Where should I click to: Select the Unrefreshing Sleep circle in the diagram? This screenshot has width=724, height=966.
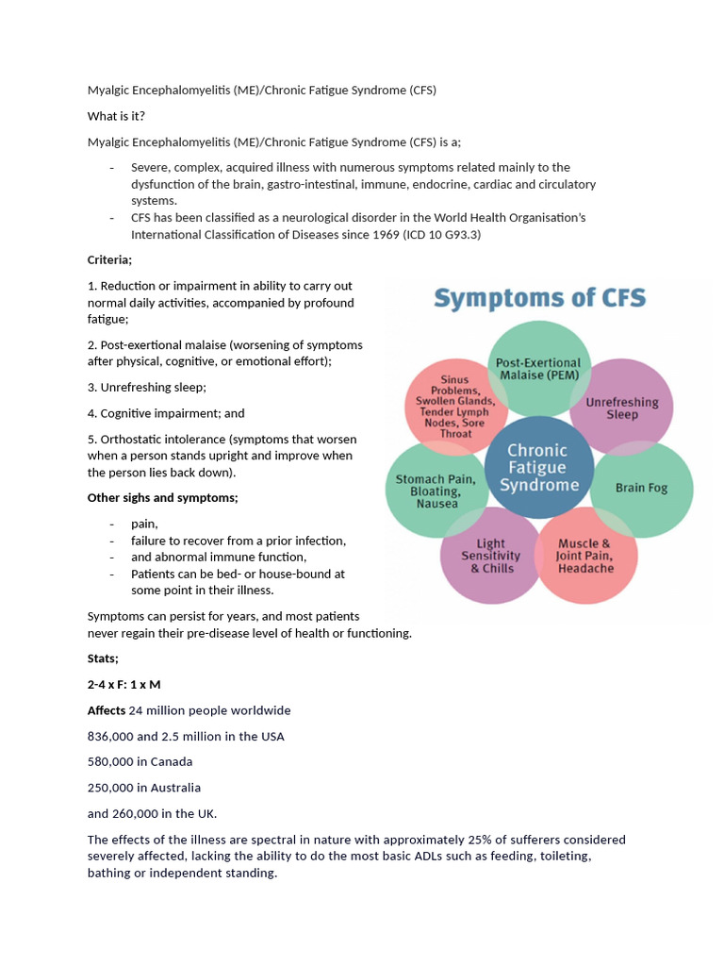(622, 407)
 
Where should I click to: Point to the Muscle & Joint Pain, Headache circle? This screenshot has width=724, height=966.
(585, 556)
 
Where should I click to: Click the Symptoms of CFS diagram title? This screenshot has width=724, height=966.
(539, 299)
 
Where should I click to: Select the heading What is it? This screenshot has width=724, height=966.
(116, 116)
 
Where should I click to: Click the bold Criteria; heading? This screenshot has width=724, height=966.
(110, 259)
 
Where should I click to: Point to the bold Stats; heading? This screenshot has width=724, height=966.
(103, 658)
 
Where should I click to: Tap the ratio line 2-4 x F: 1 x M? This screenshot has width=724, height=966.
(123, 684)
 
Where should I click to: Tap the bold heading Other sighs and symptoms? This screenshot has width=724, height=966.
(162, 497)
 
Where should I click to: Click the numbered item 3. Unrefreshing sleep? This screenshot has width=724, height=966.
(146, 387)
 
